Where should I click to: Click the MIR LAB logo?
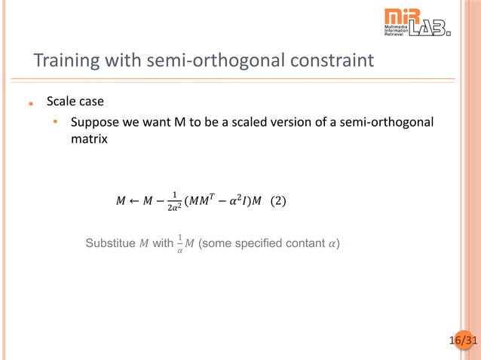click(x=417, y=23)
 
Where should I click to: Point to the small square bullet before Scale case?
click(x=31, y=102)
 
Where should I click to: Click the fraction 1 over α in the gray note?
click(x=179, y=245)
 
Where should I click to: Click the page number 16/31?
click(x=463, y=341)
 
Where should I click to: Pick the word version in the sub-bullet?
click(x=287, y=123)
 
